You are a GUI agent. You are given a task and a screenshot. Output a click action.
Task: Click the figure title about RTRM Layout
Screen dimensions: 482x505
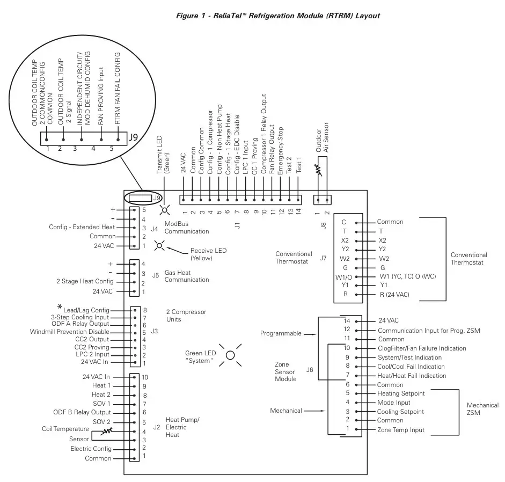(278, 16)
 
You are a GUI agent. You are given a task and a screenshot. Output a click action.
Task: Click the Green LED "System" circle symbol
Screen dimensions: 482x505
(230, 355)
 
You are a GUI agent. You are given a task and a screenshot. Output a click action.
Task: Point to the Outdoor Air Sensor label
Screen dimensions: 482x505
(322, 141)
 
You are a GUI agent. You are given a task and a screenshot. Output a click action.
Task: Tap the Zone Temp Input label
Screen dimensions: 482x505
(401, 430)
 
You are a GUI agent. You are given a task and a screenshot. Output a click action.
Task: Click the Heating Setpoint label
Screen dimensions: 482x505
(401, 393)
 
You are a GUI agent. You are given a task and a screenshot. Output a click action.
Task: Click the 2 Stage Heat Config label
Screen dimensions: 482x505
(85, 281)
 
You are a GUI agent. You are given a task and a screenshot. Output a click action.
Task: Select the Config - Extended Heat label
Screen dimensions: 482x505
(82, 227)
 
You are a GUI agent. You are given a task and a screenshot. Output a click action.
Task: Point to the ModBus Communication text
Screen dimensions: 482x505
(186, 228)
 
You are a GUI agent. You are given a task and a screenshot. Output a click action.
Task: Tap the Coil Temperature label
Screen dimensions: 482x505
(65, 429)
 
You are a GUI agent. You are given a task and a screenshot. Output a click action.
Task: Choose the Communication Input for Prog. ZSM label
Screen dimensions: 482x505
(429, 330)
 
